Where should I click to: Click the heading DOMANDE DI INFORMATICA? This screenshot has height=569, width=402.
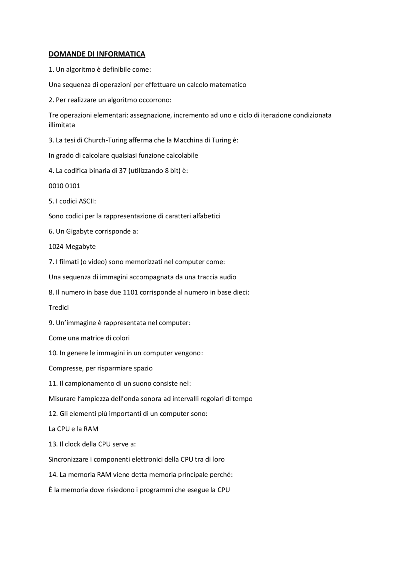coord(97,54)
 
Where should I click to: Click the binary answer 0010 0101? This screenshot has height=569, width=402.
coord(64,186)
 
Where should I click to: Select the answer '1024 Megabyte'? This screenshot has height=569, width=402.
coord(72,247)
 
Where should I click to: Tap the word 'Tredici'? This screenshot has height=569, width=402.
coord(58,308)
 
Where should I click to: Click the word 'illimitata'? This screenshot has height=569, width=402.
coord(62,125)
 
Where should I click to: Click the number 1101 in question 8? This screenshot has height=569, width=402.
coord(130,293)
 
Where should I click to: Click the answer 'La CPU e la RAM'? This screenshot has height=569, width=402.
coord(73,429)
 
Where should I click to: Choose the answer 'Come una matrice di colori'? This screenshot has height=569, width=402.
coord(89,338)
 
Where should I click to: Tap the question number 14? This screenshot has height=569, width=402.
coord(53,475)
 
